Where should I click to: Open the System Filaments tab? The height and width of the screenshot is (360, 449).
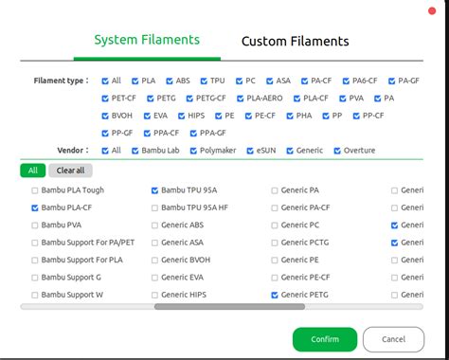147,40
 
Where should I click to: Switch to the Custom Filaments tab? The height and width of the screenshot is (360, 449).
295,41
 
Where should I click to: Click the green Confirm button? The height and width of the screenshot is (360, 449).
325,339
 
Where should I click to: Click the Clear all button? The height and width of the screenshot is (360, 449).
71,171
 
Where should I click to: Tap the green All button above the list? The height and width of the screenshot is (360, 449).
32,171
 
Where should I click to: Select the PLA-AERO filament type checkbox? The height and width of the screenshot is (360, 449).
241,98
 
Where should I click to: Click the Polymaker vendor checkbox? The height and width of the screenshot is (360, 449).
193,150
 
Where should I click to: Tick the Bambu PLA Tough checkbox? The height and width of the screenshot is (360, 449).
35,190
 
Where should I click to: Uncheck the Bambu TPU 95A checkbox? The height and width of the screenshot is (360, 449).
155,190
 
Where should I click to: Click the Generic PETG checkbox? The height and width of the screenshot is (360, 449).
275,296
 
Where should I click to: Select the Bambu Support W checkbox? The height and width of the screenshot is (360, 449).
35,296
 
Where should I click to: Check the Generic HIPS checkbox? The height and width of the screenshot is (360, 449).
155,296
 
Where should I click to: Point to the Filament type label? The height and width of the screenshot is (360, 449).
61,81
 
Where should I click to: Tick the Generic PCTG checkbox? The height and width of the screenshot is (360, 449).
275,243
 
